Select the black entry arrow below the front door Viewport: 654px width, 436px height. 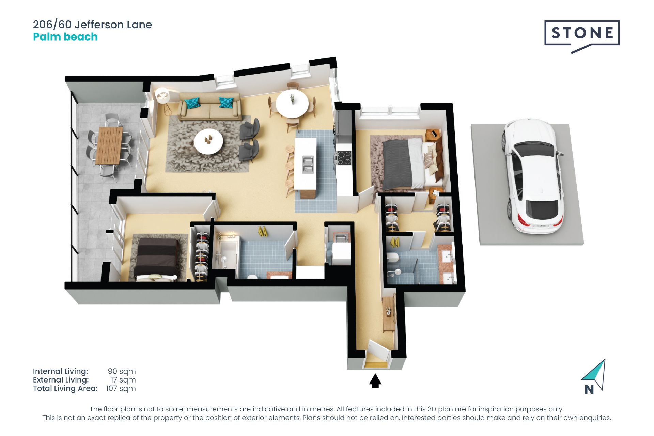pyautogui.click(x=375, y=381)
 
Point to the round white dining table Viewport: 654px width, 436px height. pyautogui.click(x=292, y=104)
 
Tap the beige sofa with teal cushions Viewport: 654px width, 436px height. pyautogui.click(x=210, y=106)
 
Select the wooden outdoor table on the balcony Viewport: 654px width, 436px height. pyautogui.click(x=109, y=145)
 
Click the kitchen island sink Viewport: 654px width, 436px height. pyautogui.click(x=308, y=164)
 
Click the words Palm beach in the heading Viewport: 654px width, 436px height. pyautogui.click(x=65, y=37)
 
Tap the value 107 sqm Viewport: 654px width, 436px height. pyautogui.click(x=121, y=389)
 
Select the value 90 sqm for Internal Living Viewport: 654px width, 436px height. pyautogui.click(x=122, y=371)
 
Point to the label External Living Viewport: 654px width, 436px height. pyautogui.click(x=61, y=380)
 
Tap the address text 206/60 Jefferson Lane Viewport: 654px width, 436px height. pyautogui.click(x=92, y=25)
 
